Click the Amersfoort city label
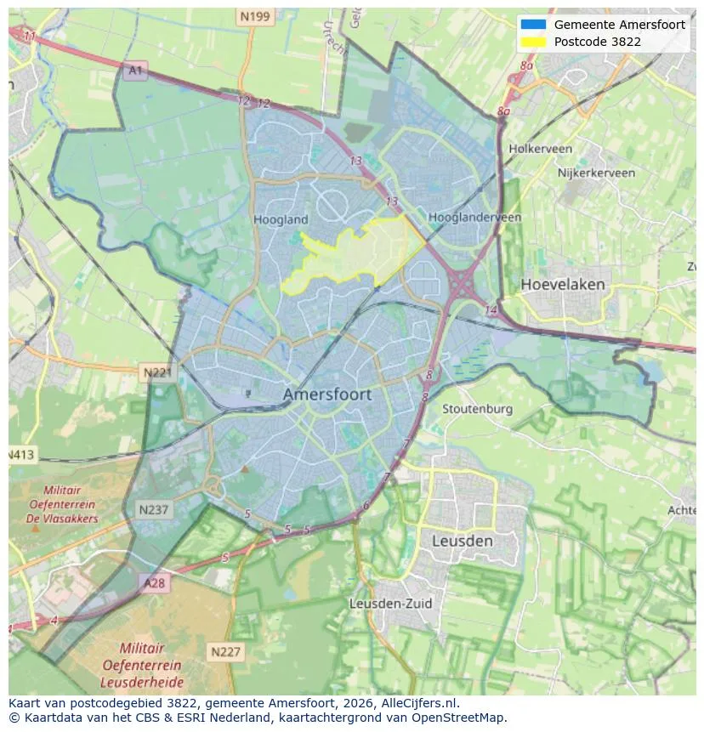(326, 394)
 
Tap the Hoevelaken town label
(562, 284)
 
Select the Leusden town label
(462, 541)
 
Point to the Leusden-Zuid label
(390, 604)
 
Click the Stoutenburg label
(477, 409)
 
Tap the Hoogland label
(281, 219)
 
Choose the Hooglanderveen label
(474, 218)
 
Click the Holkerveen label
(540, 149)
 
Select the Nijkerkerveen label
(596, 173)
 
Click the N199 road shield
(254, 16)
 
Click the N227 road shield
(225, 652)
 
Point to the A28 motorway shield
(154, 583)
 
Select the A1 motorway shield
(135, 71)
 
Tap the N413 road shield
(20, 455)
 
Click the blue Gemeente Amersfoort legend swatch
(533, 25)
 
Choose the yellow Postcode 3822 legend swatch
(533, 41)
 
